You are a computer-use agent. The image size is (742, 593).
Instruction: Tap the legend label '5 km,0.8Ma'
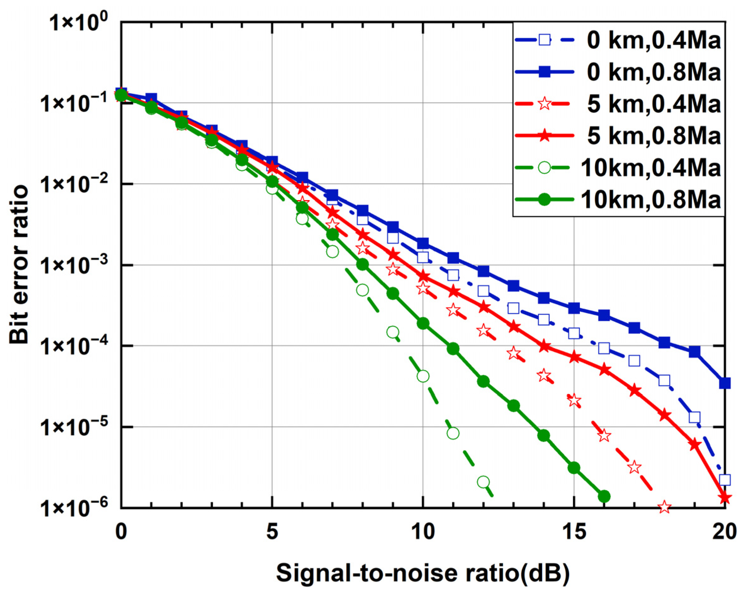point(653,136)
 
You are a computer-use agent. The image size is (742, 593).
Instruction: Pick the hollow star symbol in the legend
point(544,103)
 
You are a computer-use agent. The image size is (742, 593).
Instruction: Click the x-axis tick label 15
point(574,532)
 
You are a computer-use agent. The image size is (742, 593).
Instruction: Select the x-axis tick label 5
point(272,532)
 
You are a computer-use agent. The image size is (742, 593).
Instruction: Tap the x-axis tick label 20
point(724,532)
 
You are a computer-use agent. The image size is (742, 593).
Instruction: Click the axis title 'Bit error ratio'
point(19,264)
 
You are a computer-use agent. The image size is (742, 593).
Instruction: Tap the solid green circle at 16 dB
point(604,496)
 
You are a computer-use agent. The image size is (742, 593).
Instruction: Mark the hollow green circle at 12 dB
point(483,482)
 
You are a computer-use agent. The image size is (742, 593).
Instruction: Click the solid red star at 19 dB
point(694,445)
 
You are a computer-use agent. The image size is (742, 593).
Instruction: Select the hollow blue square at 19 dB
point(694,417)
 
